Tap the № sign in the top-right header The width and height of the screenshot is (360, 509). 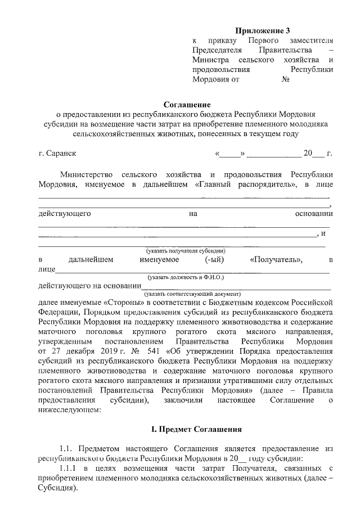click(x=285, y=80)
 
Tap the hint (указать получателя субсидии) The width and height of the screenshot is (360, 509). click(x=186, y=250)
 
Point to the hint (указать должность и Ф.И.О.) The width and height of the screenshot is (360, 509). click(x=186, y=277)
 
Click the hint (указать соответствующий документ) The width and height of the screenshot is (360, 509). click(x=192, y=294)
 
